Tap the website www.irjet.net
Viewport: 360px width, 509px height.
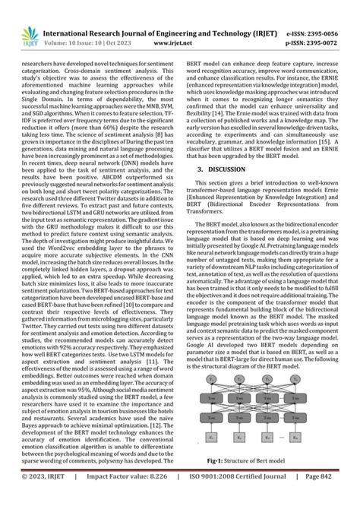[173, 24]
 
